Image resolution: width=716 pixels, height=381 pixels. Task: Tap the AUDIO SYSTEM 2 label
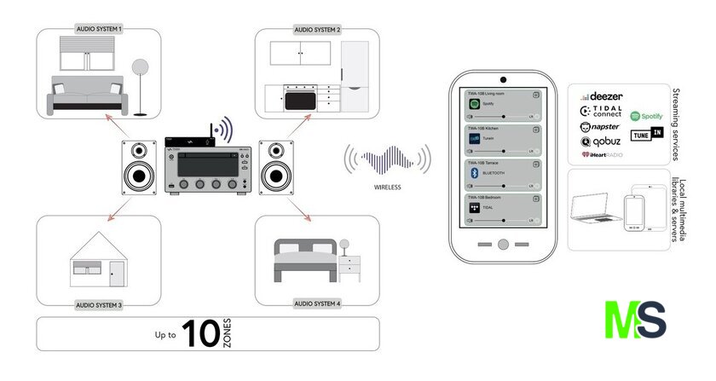pos(317,29)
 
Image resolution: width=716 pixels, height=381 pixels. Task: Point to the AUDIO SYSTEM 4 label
pos(317,303)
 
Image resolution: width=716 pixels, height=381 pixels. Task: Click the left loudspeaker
pos(139,168)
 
